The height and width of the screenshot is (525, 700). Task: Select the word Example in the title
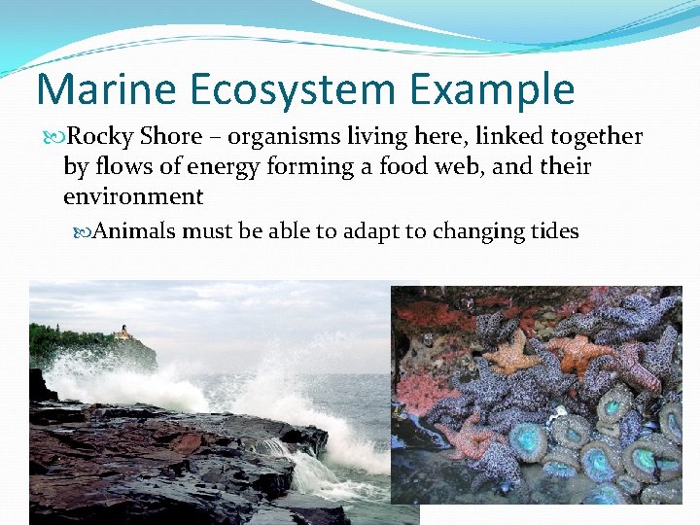(x=507, y=89)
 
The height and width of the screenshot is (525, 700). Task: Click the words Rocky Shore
(x=135, y=137)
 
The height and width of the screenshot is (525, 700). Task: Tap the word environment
(x=133, y=196)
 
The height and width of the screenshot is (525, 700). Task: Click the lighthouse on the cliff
(x=122, y=332)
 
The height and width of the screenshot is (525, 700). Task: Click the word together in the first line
(x=594, y=137)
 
